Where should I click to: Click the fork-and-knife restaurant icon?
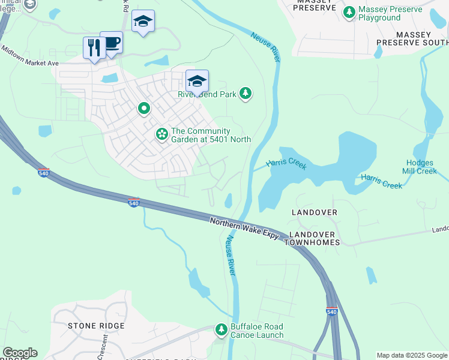tap(94, 48)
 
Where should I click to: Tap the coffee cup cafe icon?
tap(112, 43)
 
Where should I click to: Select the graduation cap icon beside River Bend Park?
tap(197, 80)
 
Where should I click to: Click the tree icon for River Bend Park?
tap(245, 94)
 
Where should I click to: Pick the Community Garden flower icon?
tap(161, 134)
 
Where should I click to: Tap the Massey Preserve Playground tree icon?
tap(349, 12)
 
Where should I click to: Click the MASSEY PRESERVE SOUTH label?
tap(412, 43)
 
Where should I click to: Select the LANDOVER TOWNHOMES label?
tap(315, 238)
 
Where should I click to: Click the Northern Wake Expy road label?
tap(244, 229)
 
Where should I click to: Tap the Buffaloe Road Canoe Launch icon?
tap(221, 329)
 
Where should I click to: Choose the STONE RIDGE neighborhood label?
tap(96, 326)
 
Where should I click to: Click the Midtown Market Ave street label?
tap(29, 55)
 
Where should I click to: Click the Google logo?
tap(20, 353)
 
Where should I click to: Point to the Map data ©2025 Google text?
tap(412, 355)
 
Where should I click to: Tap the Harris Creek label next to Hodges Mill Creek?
tap(381, 181)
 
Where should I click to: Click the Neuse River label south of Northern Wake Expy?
tap(231, 256)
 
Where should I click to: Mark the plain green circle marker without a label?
tap(143, 109)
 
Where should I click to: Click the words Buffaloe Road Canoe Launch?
tap(257, 331)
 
